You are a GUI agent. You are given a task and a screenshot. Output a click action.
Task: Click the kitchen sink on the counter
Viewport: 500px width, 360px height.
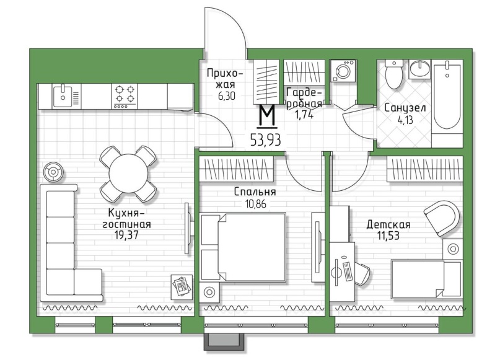tap(63, 96)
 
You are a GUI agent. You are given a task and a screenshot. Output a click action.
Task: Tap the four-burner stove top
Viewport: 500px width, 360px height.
tap(125, 96)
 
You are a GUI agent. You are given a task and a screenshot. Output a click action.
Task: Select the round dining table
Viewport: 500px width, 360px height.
tap(128, 173)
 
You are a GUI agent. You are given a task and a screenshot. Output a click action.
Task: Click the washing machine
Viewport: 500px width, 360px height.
tap(343, 71)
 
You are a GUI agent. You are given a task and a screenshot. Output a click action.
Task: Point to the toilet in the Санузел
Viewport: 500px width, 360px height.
tap(394, 74)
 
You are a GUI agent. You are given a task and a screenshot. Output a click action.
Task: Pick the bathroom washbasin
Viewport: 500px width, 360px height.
tap(419, 69)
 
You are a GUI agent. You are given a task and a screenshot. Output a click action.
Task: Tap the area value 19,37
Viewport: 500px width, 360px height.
tap(126, 235)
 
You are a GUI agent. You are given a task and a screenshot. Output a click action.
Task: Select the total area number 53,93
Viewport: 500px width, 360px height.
tap(266, 139)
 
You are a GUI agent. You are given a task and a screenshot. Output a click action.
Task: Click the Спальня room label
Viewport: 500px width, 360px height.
tap(255, 192)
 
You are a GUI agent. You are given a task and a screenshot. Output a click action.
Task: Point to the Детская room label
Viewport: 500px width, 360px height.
tap(388, 225)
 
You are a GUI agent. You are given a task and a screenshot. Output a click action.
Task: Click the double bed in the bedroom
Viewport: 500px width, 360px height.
tap(243, 247)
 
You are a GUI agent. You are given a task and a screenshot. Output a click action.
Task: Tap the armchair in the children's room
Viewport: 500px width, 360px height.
tap(442, 218)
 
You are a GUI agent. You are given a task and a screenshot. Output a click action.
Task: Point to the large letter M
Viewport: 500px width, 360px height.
tap(267, 116)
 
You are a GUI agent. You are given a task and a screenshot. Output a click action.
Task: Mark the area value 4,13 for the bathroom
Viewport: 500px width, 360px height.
tap(405, 121)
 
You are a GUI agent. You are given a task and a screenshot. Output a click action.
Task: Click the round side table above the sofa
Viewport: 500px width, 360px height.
tap(53, 172)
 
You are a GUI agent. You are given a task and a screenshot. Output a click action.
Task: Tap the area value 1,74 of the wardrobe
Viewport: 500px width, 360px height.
tap(304, 115)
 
